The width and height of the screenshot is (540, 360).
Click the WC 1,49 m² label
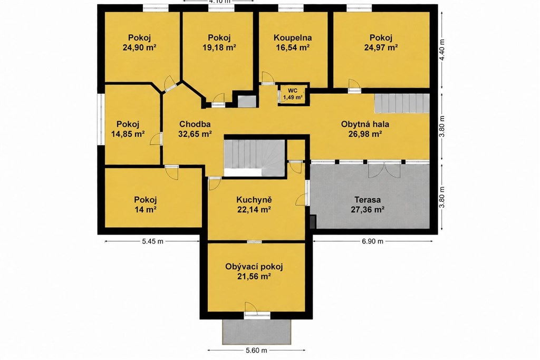[x=293, y=94]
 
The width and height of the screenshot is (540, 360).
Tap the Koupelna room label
[x=293, y=37]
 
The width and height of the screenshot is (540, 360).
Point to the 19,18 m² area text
[x=219, y=47]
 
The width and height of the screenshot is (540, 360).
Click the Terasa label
[x=368, y=200]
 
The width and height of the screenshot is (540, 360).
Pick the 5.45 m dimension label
[x=152, y=241]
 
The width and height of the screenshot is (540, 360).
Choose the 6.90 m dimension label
[x=373, y=241]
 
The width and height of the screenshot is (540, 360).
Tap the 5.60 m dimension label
[x=257, y=351]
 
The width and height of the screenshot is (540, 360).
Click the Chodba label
[x=195, y=124]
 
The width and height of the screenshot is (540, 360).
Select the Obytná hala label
[x=365, y=124]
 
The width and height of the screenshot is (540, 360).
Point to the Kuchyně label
[x=254, y=200]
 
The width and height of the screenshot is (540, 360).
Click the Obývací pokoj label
[x=254, y=266]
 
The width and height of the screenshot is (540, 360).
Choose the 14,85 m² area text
[x=128, y=134]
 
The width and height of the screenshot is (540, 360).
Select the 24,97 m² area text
[x=381, y=47]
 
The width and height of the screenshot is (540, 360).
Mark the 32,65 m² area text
[x=195, y=134]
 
